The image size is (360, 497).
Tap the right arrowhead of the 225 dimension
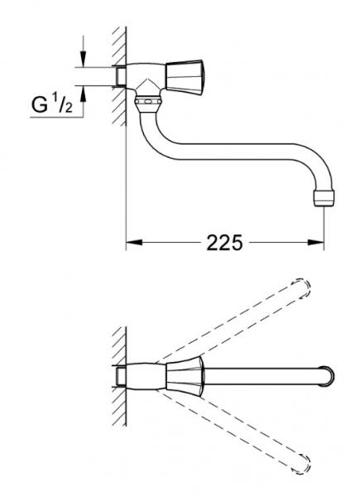(x=317, y=243)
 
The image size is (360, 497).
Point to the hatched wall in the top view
(x=117, y=373)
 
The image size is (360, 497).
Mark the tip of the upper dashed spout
(x=304, y=287)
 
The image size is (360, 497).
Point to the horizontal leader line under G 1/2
(x=58, y=117)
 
